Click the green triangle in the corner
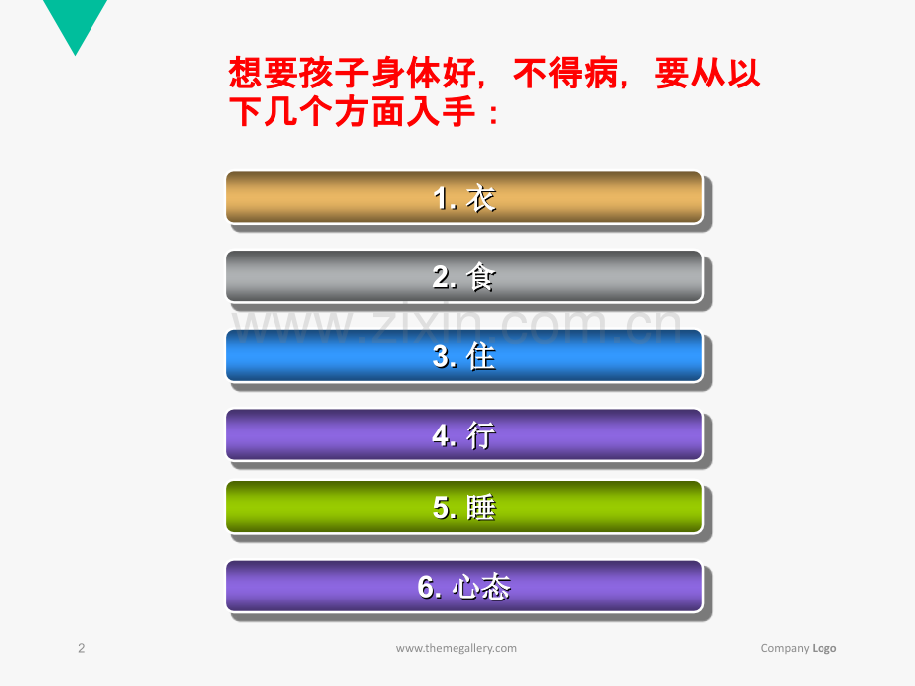[x=75, y=22]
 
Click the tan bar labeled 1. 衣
[x=463, y=197]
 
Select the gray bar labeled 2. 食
[x=463, y=276]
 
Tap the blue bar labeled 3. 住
[x=463, y=356]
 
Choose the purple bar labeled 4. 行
[x=463, y=435]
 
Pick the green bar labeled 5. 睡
[x=463, y=507]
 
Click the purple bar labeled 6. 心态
[x=463, y=587]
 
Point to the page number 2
[x=82, y=648]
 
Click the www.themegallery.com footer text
[x=457, y=648]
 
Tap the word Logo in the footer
[x=823, y=648]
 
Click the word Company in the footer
[x=785, y=648]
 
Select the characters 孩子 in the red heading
[x=334, y=73]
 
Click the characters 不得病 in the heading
[x=566, y=73]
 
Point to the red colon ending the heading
[x=493, y=114]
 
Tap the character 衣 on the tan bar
[x=481, y=198]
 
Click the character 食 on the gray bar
[x=481, y=277]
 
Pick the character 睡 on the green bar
[x=481, y=507]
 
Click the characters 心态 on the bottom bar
[x=482, y=587]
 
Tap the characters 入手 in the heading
[x=442, y=111]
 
